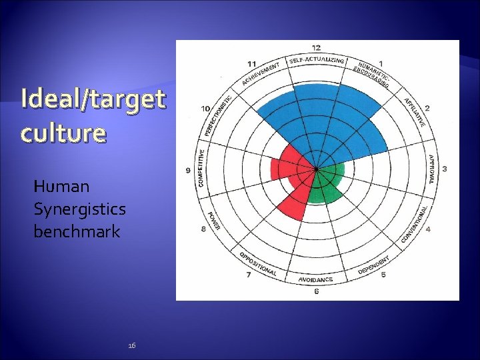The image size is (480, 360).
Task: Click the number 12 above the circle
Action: (x=316, y=47)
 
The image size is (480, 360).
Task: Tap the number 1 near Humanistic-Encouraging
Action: (x=381, y=63)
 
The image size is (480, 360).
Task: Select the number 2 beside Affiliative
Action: (x=427, y=108)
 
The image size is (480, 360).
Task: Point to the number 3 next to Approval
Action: (x=445, y=169)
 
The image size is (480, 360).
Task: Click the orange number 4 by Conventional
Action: (x=427, y=229)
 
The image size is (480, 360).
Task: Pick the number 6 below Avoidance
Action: (x=316, y=291)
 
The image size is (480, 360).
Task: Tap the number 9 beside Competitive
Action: (x=188, y=171)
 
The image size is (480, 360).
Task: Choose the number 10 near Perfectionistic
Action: (x=206, y=108)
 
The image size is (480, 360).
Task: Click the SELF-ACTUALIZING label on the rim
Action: (x=317, y=61)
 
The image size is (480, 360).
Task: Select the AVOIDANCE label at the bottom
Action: (x=316, y=279)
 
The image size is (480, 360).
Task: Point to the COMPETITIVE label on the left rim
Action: (x=201, y=167)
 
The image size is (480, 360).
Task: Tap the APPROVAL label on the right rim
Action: (x=432, y=169)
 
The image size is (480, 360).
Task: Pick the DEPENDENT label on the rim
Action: (x=374, y=264)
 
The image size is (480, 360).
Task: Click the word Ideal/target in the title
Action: (x=93, y=99)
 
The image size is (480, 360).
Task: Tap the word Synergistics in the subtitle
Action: (x=79, y=209)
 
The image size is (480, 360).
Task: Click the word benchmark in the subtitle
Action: (x=77, y=231)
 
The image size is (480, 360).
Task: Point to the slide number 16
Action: (x=131, y=345)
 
